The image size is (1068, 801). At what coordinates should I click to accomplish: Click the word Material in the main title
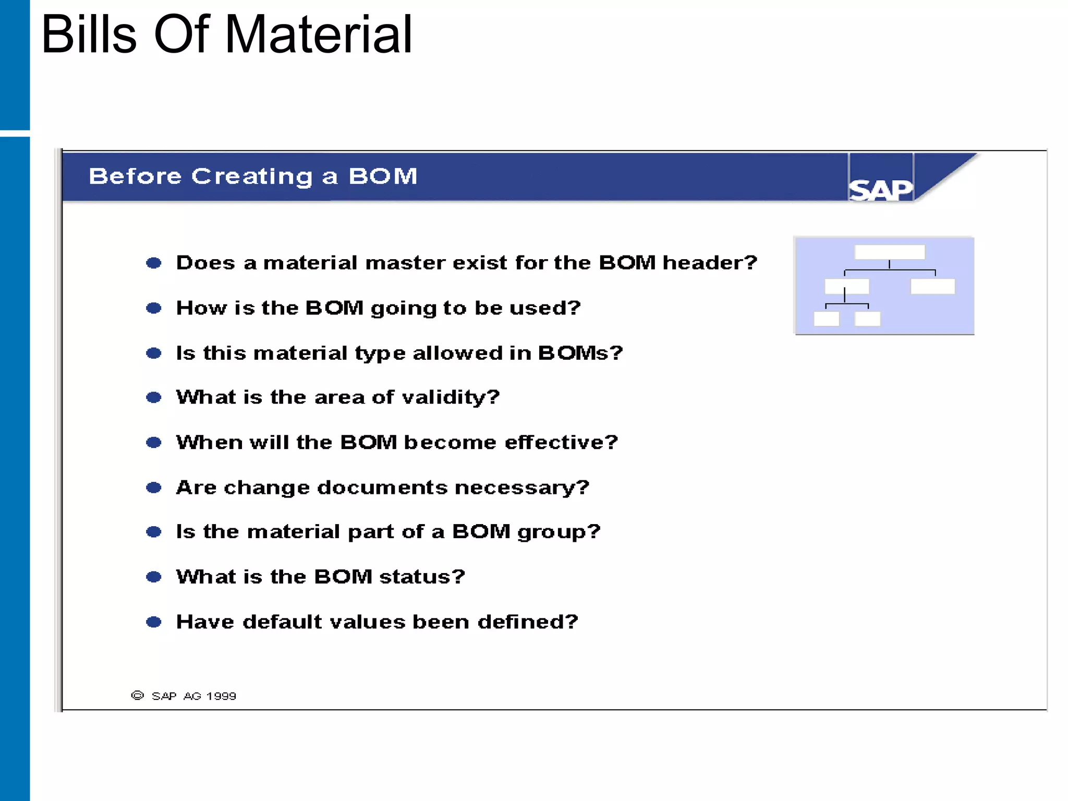[x=318, y=35]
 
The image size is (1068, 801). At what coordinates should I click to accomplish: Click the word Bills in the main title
[x=89, y=35]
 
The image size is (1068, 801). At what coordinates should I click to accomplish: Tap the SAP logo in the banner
[x=881, y=189]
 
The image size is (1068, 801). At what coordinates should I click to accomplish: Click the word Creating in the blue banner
[x=252, y=177]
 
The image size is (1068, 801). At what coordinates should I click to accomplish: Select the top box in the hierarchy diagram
[x=889, y=252]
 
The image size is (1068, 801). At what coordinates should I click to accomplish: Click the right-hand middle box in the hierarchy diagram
[x=932, y=286]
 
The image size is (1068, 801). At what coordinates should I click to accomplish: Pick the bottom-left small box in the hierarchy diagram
[x=826, y=319]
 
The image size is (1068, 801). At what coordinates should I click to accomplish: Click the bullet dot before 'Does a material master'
[x=153, y=263]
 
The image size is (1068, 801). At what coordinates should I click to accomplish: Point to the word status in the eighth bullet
[x=421, y=577]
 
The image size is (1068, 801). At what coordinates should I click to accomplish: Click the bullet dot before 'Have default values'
[x=153, y=622]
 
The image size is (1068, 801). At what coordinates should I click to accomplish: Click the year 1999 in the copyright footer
[x=221, y=696]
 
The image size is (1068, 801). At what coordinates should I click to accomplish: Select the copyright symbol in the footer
[x=137, y=696]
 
